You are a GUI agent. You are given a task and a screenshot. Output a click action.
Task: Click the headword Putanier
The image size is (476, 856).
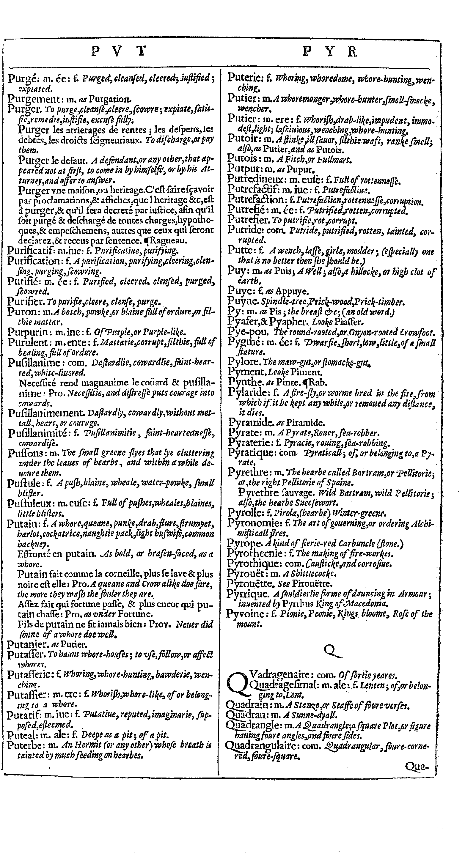pyautogui.click(x=26, y=644)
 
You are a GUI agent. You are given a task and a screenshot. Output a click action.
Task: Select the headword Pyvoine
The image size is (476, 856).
pyautogui.click(x=245, y=614)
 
